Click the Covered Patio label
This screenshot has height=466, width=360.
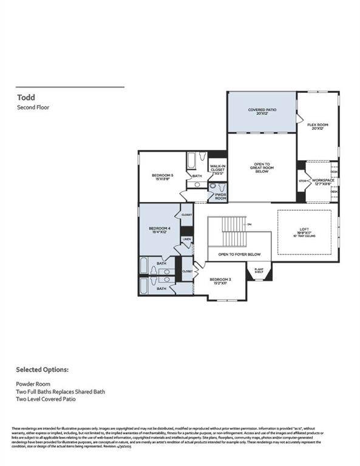point(262,112)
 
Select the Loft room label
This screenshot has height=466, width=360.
point(304,231)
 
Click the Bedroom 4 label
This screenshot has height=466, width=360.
point(160,231)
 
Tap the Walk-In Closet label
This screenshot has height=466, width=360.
point(217,170)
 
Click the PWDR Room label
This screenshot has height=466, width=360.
point(220,196)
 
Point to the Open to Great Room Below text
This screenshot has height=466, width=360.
point(262,167)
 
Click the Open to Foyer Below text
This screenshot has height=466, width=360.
point(240,254)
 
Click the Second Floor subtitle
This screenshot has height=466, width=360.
point(33,107)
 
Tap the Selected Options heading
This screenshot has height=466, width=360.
point(42,369)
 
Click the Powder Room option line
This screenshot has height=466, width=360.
point(35,384)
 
